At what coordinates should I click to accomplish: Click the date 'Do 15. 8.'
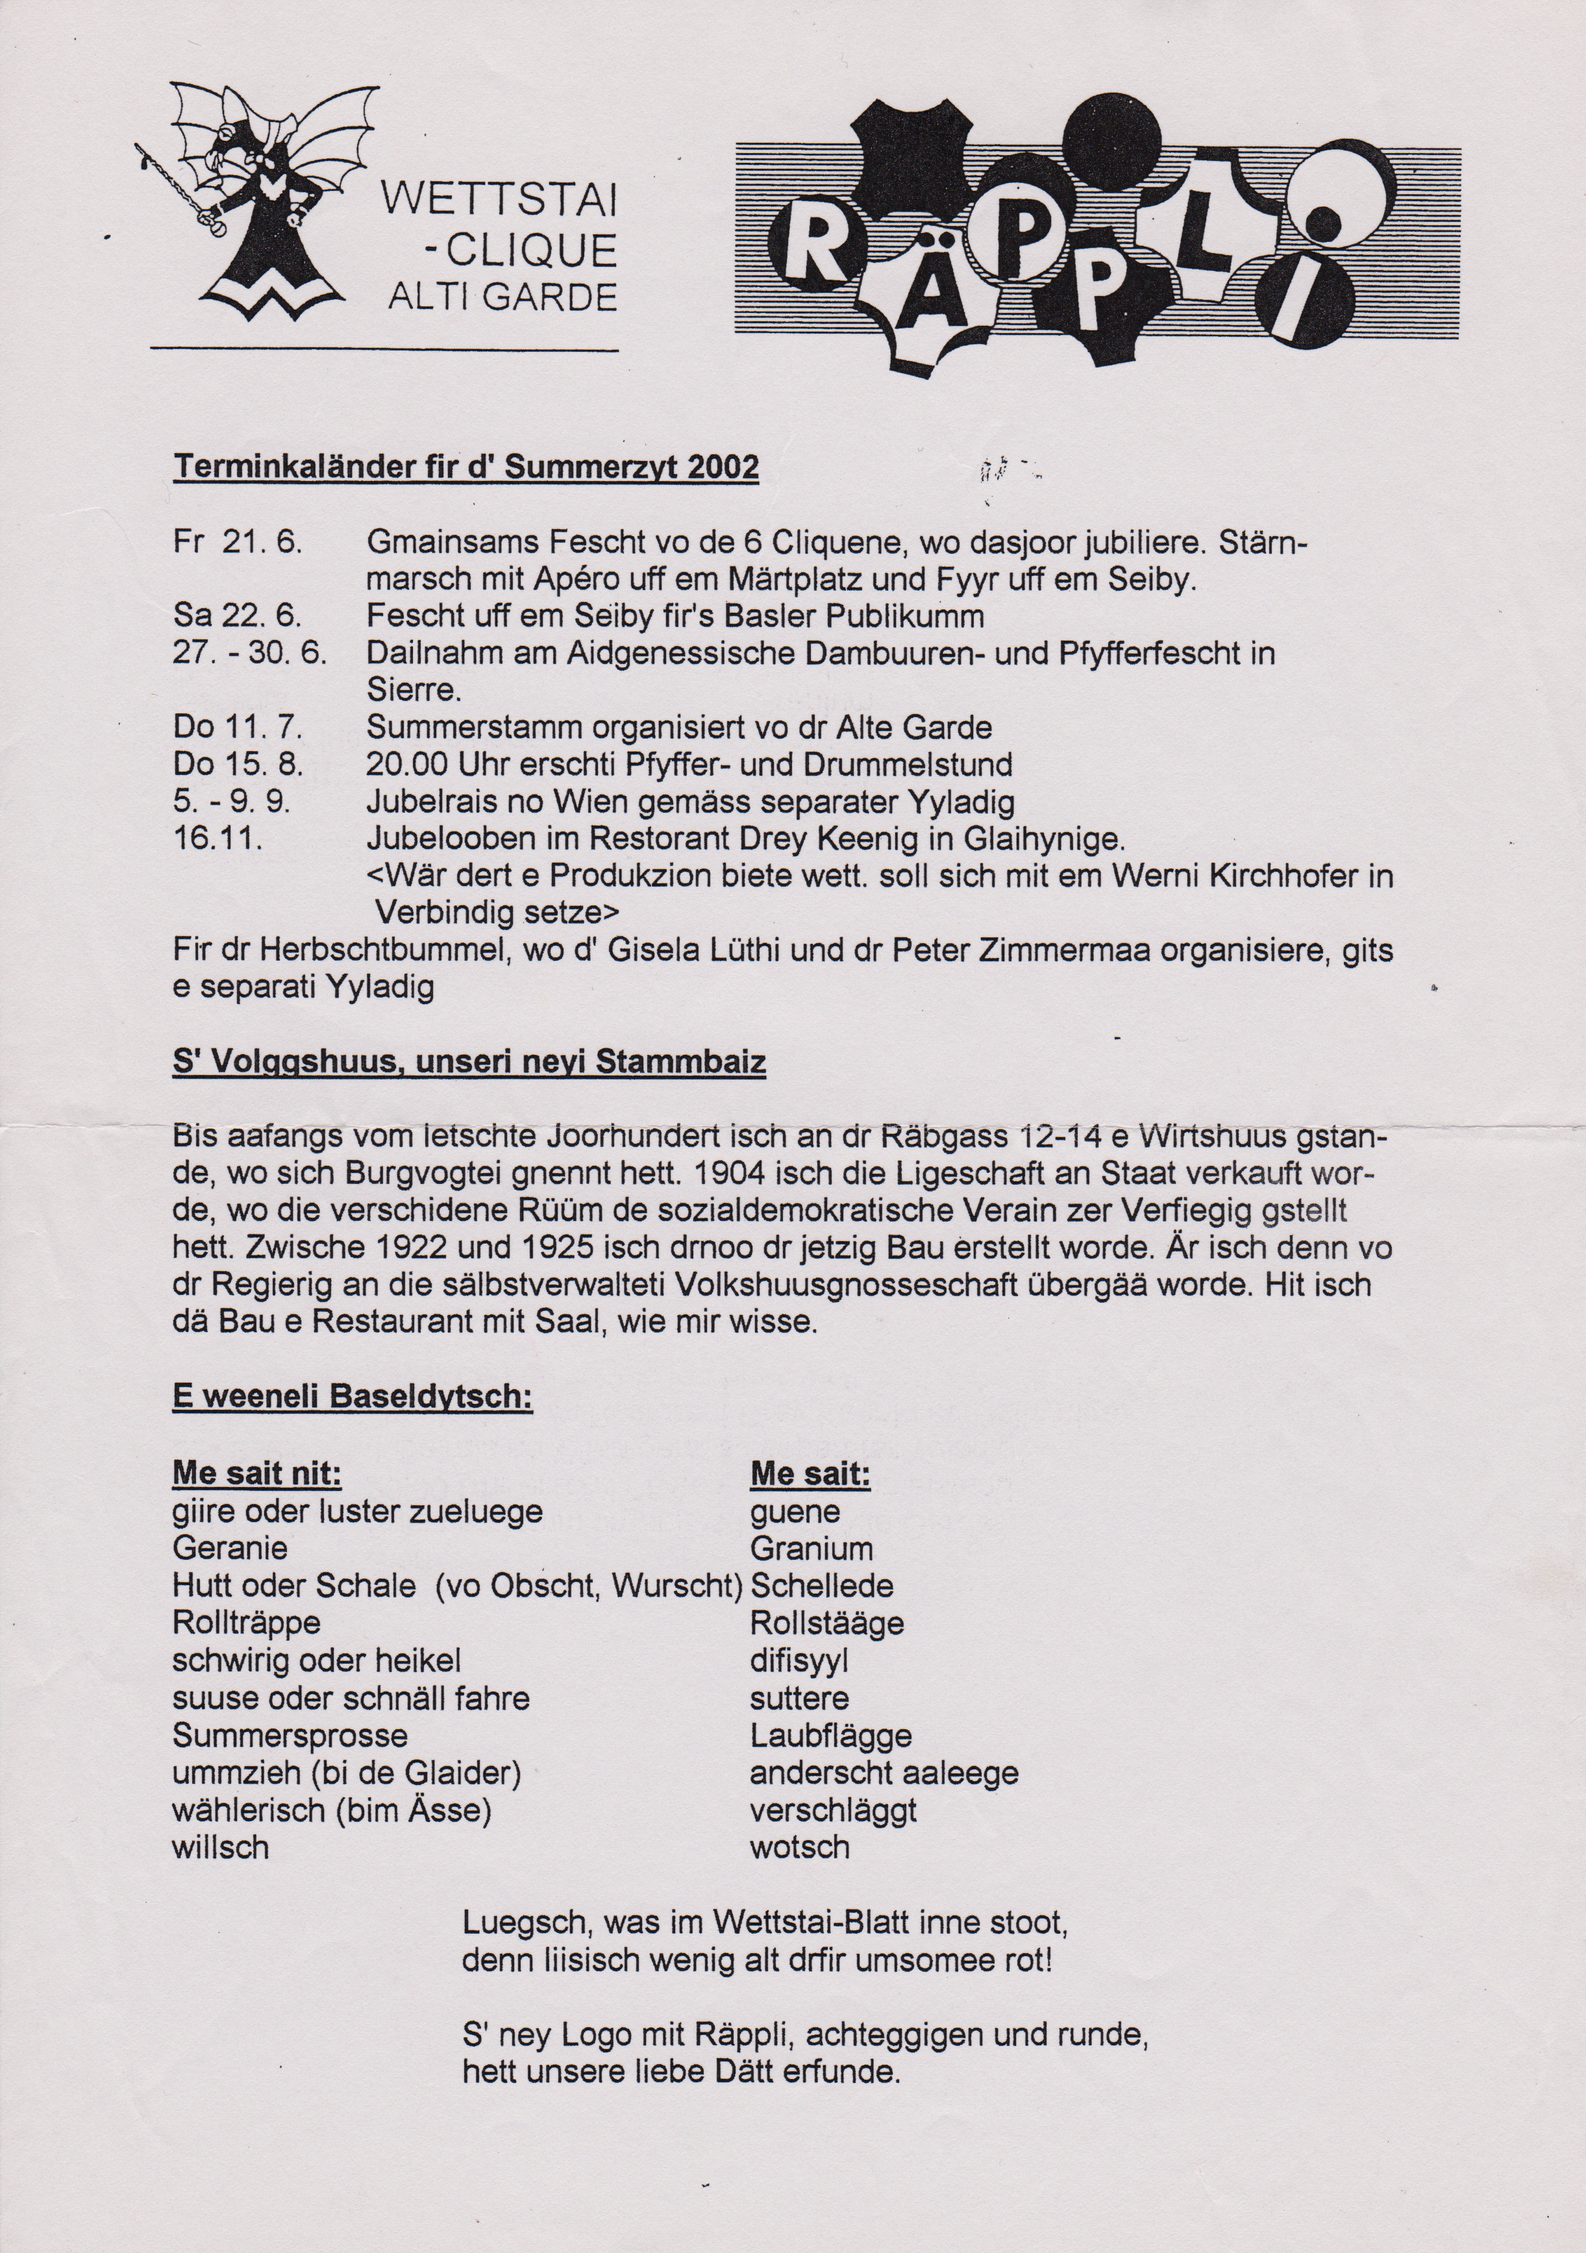[x=238, y=765]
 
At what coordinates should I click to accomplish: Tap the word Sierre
[x=412, y=690]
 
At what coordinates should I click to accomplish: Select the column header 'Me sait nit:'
[x=256, y=1474]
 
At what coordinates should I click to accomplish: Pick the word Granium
[x=811, y=1549]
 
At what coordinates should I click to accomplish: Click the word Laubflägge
[x=830, y=1735]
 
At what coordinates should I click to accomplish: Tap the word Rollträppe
[x=246, y=1623]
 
